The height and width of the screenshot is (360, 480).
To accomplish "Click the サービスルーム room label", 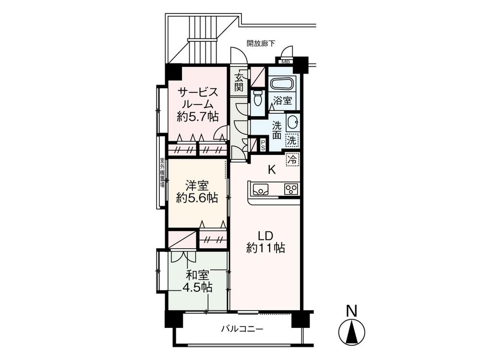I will coord(198,103).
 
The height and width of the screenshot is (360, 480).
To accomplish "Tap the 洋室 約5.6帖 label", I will coord(196,191).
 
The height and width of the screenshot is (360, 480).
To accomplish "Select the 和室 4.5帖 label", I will coord(197,281).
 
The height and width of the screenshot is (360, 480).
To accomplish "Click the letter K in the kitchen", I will coord(271,169).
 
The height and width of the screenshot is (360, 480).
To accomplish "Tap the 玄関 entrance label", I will coord(239,82).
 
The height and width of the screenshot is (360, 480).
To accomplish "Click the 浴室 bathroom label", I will coord(283,101).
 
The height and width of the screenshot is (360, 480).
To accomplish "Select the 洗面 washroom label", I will coord(277,130).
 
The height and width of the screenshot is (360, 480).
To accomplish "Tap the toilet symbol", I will coord(258,98).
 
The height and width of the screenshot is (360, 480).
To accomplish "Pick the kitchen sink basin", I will coord(261,189).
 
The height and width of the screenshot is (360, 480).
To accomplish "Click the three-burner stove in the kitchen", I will coord(291,189).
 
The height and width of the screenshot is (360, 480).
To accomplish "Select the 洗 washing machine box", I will coord(292,141).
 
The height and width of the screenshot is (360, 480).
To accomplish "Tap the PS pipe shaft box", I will coord(263,144).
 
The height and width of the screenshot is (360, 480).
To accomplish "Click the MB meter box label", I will coord(286,61).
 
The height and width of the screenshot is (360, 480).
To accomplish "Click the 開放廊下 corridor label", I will coord(261,43).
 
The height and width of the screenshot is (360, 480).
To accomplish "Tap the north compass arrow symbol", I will coord(352,332).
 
